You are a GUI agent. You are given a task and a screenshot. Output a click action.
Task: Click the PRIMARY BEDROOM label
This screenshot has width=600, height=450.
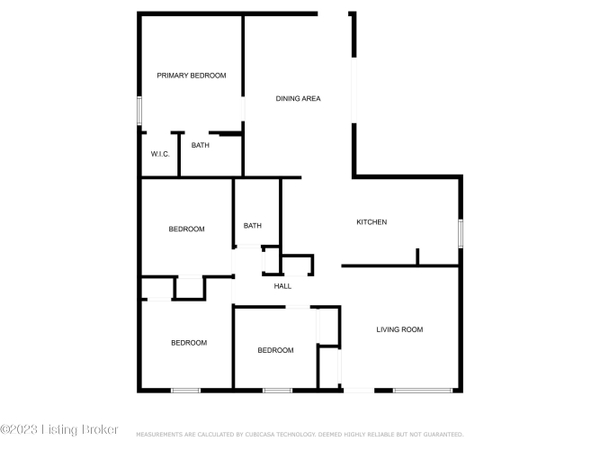coord(192,76)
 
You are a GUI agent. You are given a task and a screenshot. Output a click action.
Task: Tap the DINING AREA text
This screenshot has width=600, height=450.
coord(298,98)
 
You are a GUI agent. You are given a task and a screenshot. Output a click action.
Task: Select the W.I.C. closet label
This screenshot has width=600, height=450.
coord(160,154)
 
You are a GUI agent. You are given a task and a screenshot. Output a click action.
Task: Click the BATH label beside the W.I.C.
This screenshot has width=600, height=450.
coord(200,145)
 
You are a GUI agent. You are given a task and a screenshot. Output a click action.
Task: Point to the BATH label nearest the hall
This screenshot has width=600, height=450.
coord(253,226)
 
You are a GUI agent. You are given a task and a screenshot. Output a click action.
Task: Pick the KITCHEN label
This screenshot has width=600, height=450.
coord(372,221)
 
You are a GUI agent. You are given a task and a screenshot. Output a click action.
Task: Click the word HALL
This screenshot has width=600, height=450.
coord(282,286)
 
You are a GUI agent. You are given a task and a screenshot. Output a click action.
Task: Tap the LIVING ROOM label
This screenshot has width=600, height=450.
coord(399,329)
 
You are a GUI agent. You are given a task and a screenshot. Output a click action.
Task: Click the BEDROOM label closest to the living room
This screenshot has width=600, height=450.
coord(275,350)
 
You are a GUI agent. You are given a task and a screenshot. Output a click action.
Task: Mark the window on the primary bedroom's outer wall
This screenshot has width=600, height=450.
coord(139,111)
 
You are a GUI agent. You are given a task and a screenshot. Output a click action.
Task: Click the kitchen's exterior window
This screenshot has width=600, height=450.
coord(461,233)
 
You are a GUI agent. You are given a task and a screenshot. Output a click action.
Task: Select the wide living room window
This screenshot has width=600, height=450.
coord(423,391)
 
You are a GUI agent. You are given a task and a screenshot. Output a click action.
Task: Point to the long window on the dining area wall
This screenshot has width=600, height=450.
coord(354,90)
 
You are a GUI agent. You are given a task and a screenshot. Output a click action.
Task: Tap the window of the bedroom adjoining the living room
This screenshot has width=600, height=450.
coord(277,391)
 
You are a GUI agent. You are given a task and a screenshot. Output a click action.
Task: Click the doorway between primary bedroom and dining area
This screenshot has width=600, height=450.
coord(243,109)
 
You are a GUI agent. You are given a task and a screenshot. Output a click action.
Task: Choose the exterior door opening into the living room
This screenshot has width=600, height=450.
coord(359,391)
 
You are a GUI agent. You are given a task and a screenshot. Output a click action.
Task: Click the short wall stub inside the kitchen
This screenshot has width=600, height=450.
coord(417,256)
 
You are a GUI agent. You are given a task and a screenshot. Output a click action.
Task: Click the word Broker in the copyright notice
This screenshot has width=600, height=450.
coord(100,429)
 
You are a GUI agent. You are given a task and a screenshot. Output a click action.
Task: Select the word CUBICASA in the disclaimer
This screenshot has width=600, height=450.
coord(260,435)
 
